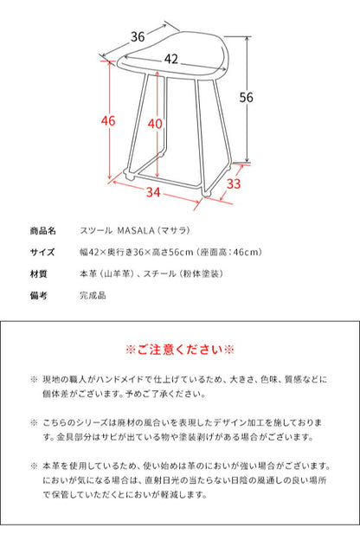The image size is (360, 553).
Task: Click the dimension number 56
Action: (247, 98)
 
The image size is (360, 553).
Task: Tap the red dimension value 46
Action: (108, 121)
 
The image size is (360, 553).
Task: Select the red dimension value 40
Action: (155, 124)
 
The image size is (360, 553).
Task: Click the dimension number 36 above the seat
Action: (137, 37)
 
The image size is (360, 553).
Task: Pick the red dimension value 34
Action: (153, 190)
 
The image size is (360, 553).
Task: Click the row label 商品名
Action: (42, 232)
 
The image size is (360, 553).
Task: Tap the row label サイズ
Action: (42, 253)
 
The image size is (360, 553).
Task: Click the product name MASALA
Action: (152, 232)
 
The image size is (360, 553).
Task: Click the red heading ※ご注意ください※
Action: (180, 350)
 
